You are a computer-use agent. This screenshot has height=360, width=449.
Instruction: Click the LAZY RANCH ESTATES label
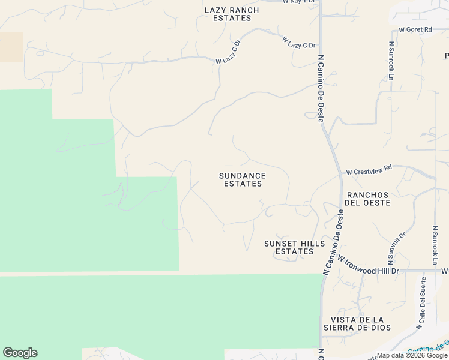pos(232,14)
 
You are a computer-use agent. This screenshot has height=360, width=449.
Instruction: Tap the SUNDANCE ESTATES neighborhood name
pos(242,179)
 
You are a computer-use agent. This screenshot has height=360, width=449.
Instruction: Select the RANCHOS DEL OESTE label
pos(368,199)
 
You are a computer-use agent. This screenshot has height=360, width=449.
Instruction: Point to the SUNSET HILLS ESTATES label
pos(294,247)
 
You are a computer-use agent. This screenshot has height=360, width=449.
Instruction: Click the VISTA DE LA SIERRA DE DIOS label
pos(357,323)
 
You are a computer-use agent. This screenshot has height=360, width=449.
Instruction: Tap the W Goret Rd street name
pos(415,29)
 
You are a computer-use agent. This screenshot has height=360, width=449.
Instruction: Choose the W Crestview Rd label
pos(369,170)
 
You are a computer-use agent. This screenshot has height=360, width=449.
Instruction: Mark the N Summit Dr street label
pos(394,248)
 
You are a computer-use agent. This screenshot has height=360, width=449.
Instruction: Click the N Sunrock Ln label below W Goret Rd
pos(391,61)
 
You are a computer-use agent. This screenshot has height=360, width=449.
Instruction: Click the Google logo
pos(20,353)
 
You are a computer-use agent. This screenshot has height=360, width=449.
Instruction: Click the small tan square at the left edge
pos(11,47)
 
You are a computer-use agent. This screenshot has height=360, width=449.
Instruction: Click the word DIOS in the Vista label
pos(380,328)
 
